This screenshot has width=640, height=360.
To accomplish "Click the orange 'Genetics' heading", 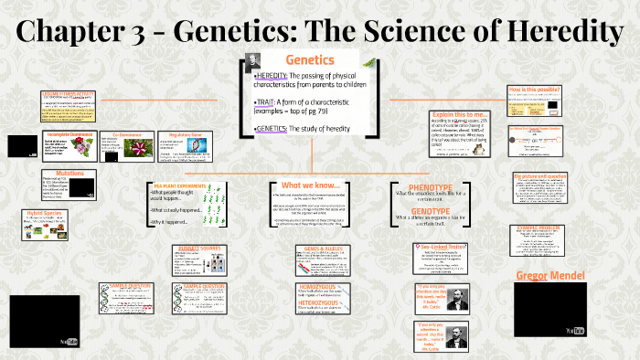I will click(310, 59).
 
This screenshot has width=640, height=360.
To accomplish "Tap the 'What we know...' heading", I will click(310, 185).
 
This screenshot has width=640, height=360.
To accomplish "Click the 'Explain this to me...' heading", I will click(457, 117).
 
